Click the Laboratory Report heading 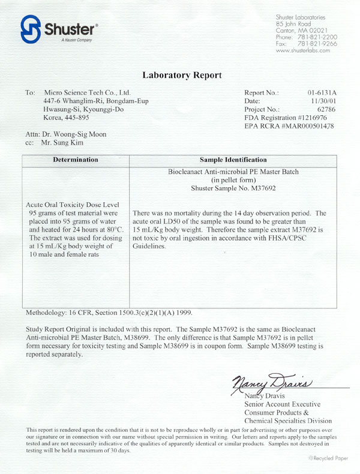click(182, 76)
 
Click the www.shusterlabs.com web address click(303, 51)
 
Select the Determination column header click(76, 160)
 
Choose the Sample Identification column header click(233, 160)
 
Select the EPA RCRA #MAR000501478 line click(289, 127)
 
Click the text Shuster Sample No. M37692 click(233, 188)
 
